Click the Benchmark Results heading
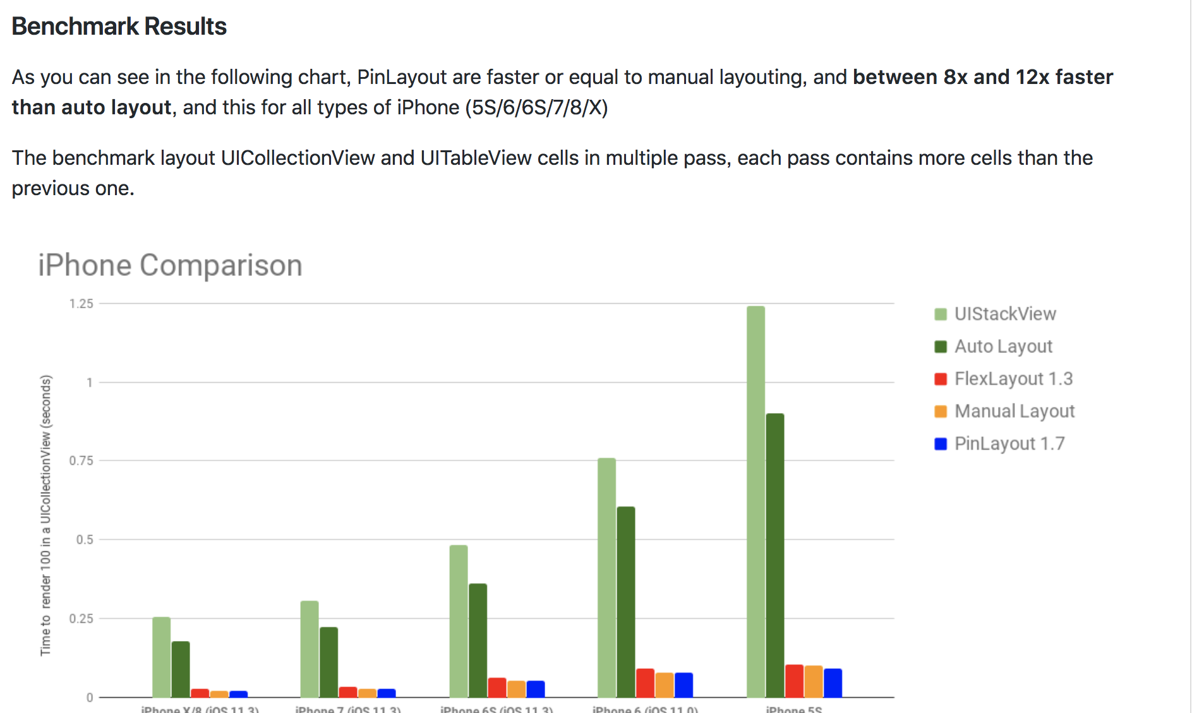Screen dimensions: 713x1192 [119, 27]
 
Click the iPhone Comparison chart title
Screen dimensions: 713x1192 [170, 265]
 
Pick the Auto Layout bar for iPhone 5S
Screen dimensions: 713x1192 [774, 555]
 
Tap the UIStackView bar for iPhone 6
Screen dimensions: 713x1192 [606, 577]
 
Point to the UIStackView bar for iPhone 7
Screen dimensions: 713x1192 [310, 649]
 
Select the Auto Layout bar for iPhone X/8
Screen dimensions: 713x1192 [181, 669]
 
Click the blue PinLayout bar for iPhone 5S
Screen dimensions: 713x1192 [833, 683]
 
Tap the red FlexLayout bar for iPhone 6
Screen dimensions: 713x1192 [645, 683]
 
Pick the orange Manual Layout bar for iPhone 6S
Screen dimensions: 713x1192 [516, 688]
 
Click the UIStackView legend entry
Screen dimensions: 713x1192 [1004, 314]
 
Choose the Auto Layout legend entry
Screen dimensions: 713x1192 [1002, 346]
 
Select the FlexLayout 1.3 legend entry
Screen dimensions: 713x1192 [1013, 379]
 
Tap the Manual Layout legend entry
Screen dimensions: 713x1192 [1014, 411]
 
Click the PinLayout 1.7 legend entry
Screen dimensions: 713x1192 [1009, 443]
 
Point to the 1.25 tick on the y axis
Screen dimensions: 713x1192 [81, 304]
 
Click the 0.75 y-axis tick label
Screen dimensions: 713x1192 [81, 461]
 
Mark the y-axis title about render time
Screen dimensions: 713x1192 [45, 515]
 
